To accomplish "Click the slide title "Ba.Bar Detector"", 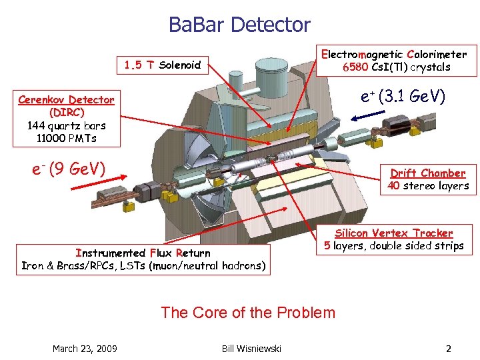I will [x=239, y=25].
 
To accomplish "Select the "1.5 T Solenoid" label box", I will [x=163, y=65].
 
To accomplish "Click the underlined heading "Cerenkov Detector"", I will [x=66, y=100].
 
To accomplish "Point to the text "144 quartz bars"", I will [x=66, y=125].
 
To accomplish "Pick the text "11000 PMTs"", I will [x=66, y=137].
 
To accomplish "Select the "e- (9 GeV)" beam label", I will [x=69, y=168].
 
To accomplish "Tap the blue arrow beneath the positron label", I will [x=371, y=117].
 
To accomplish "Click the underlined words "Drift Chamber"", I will [x=427, y=173].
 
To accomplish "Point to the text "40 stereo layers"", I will [x=428, y=186].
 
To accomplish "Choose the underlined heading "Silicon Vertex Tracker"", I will [x=394, y=233].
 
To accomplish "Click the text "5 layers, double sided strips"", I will [x=394, y=245].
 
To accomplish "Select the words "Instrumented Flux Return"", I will [x=143, y=253].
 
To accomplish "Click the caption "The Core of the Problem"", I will [x=248, y=312].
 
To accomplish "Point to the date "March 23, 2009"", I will [x=85, y=349].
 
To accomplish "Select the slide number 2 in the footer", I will [x=448, y=349].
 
